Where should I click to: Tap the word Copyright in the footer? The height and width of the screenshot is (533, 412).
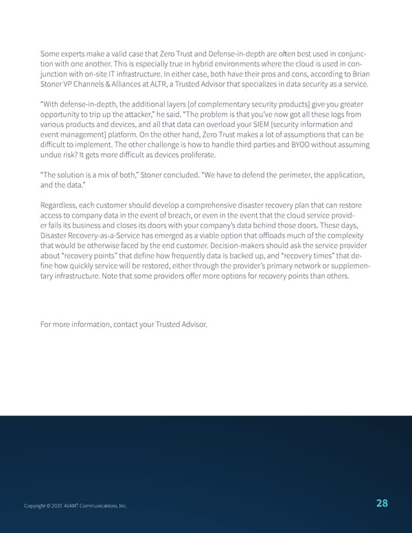[x=36, y=506]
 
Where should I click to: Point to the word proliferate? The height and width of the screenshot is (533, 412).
[x=192, y=155]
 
